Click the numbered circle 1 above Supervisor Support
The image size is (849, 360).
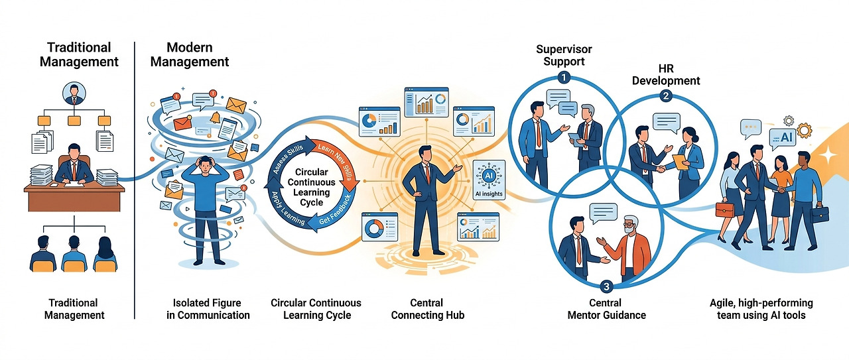(564, 78)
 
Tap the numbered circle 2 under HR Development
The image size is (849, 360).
(665, 96)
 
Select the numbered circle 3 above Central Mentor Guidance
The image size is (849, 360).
(606, 286)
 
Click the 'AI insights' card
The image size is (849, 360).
(489, 180)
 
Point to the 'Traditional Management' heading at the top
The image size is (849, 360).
(79, 54)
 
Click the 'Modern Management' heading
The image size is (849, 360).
(190, 54)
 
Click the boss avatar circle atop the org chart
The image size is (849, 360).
(74, 93)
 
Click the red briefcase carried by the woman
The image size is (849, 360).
(725, 210)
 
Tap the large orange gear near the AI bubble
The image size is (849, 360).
(805, 131)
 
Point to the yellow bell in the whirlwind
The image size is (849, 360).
(215, 117)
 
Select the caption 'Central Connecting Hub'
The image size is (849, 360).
(428, 309)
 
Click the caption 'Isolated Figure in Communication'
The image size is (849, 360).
(208, 309)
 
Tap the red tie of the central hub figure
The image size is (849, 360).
(428, 174)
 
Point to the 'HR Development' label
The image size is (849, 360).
(666, 75)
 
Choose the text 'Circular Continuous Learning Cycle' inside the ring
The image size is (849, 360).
(311, 187)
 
